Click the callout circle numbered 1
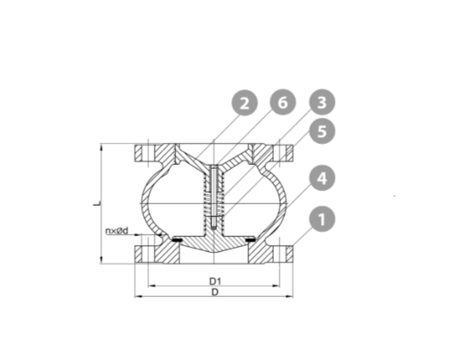[x=322, y=219]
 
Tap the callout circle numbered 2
[x=244, y=103]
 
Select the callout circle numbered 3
[x=322, y=102]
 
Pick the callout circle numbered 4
[x=322, y=178]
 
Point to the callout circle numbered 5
[x=322, y=131]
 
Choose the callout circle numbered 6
[x=283, y=102]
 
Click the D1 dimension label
[x=215, y=281]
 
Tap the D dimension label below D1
[x=215, y=292]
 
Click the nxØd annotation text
[x=117, y=230]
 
